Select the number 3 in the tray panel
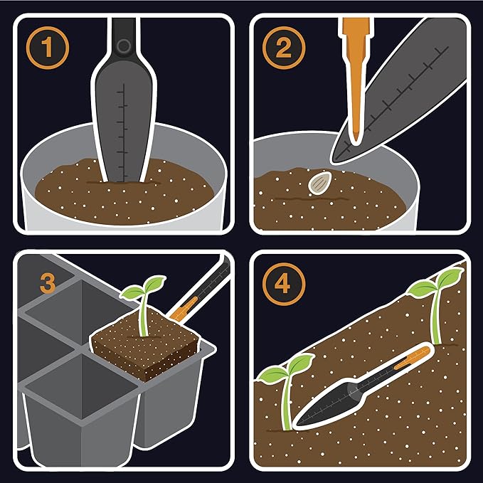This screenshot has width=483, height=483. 48,284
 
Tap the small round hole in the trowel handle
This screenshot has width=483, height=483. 124,46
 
